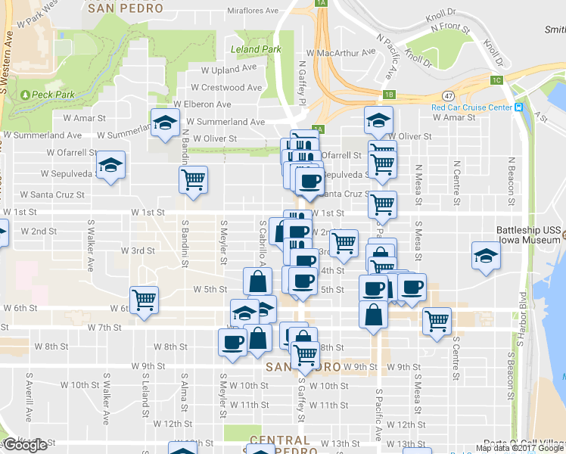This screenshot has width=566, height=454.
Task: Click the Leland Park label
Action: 255,49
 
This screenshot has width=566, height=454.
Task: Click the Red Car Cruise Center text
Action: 471,107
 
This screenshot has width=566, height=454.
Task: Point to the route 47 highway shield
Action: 449,96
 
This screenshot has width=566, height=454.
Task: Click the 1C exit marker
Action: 496,79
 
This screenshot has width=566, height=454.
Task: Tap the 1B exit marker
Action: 388,95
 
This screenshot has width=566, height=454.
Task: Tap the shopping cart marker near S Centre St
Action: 437,321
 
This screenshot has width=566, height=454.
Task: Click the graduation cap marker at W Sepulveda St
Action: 111,166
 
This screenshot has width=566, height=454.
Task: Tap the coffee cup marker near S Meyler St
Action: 232,341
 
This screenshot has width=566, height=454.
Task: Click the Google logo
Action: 25,445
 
